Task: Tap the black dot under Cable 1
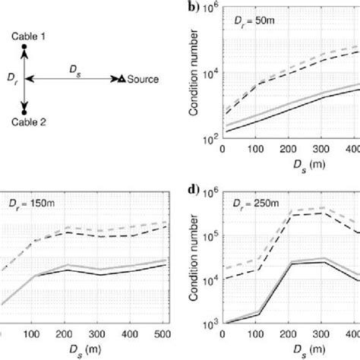click(24, 48)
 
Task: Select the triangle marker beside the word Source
click(120, 77)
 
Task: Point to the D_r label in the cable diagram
click(12, 77)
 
